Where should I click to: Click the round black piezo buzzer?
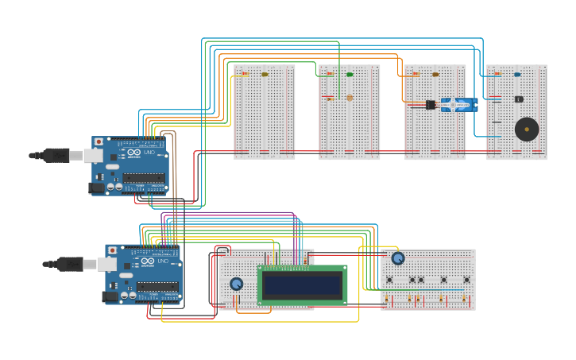526,129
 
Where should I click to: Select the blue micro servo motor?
459,105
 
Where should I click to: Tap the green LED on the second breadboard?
350,75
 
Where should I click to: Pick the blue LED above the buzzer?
517,75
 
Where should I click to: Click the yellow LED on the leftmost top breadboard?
265,75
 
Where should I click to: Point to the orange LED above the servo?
435,75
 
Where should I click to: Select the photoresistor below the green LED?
350,98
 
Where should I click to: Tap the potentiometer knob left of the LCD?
236,284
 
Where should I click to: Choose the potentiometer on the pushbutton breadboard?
398,258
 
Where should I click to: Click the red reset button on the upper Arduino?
99,142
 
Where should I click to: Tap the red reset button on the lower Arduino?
112,250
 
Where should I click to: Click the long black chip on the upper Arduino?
144,178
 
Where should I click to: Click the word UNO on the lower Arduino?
163,261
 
